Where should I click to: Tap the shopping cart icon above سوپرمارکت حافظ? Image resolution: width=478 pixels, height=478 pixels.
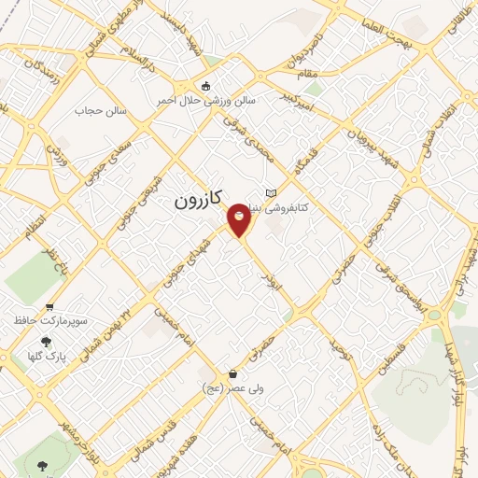[x=49, y=306]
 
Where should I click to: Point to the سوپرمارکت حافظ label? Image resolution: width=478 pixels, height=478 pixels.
[x=50, y=320]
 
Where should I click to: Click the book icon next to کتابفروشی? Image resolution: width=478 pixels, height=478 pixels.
[x=272, y=192]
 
